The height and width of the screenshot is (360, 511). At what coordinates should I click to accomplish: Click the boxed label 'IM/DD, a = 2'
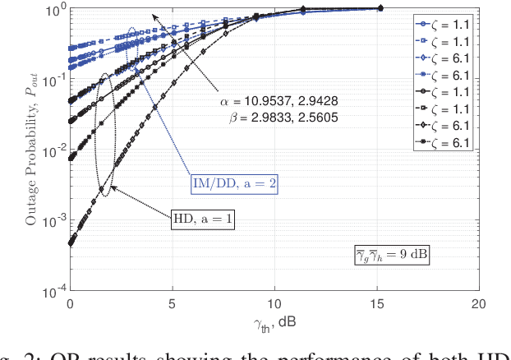[x=232, y=185]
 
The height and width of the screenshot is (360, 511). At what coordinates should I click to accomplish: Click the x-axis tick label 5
[x=173, y=303]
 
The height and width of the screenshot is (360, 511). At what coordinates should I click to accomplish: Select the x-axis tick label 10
[x=275, y=303]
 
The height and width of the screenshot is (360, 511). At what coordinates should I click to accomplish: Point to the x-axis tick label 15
[x=378, y=303]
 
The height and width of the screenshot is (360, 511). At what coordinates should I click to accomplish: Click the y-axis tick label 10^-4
[x=51, y=291]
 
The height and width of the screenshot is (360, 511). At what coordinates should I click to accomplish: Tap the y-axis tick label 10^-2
[x=51, y=150]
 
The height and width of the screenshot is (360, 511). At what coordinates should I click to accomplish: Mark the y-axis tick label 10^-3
[x=51, y=221]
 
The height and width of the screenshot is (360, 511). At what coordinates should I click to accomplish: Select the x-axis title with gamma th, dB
[x=274, y=321]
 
